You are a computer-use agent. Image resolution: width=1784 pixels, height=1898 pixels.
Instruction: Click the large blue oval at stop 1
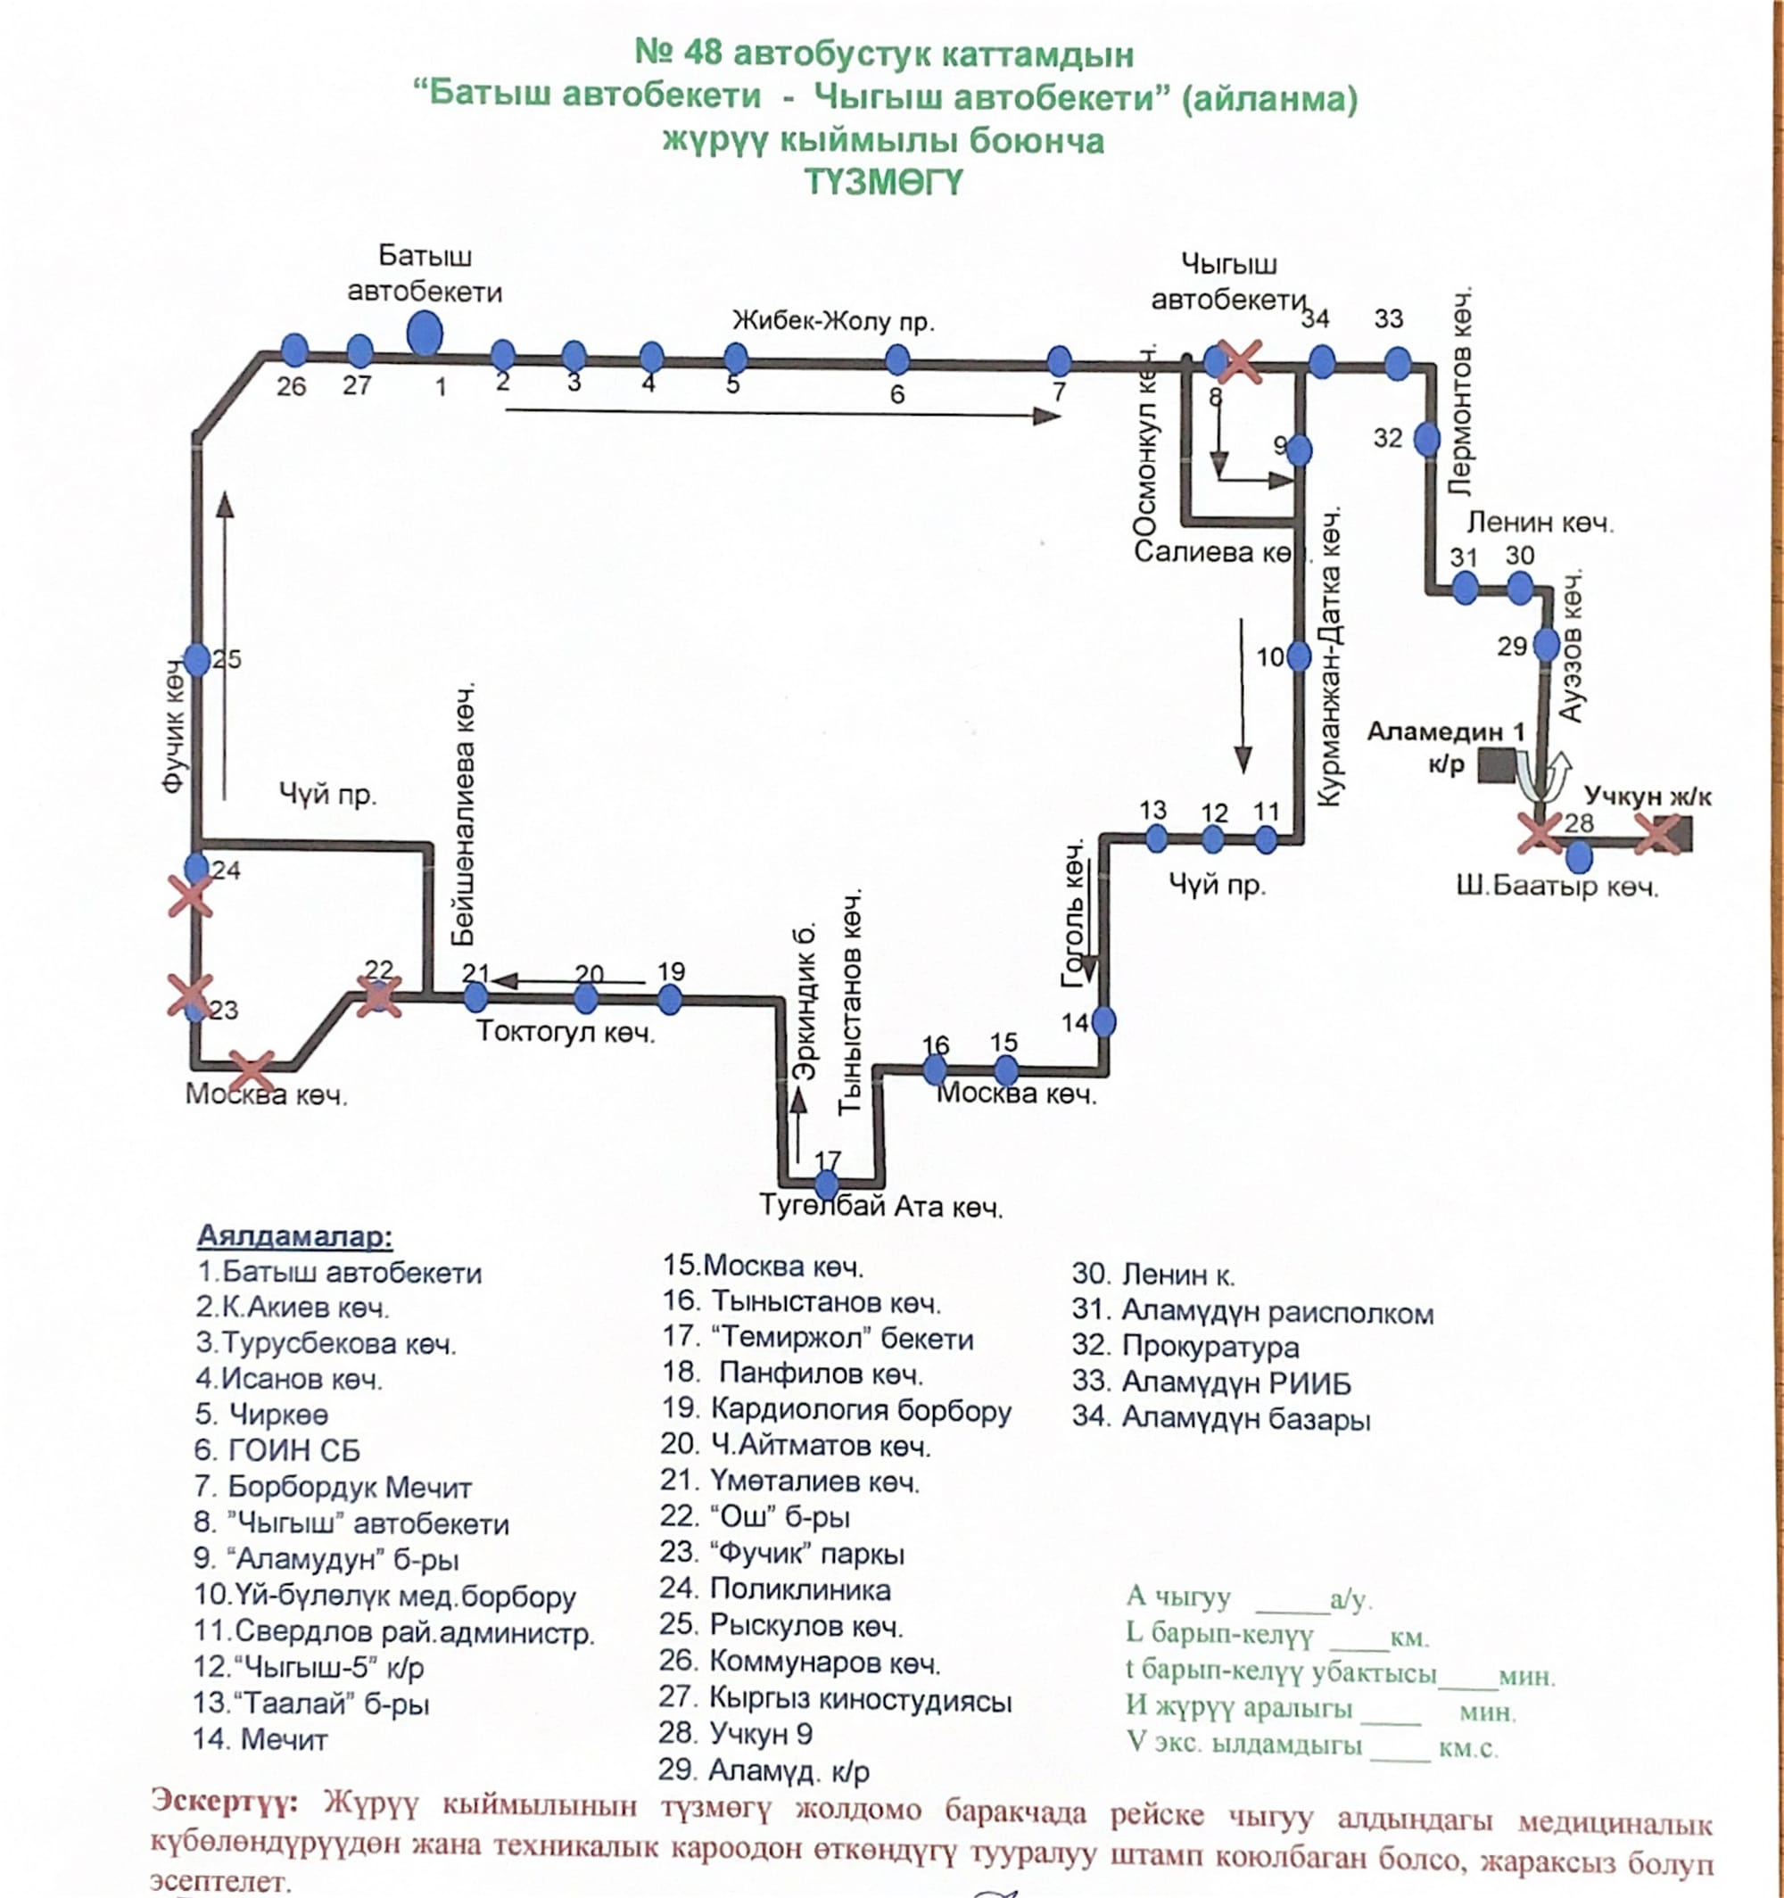click(x=424, y=335)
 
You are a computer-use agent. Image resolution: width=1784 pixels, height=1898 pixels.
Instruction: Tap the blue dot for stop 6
click(x=896, y=360)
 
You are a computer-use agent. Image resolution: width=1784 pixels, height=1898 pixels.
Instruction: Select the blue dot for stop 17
click(x=826, y=1184)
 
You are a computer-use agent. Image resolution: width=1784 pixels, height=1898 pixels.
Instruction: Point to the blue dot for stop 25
click(x=197, y=659)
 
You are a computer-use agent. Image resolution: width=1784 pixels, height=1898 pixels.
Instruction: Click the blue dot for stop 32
click(x=1426, y=439)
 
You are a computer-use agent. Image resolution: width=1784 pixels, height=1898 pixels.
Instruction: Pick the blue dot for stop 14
click(x=1103, y=1021)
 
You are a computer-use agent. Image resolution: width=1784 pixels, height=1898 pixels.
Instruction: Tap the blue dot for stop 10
click(x=1299, y=656)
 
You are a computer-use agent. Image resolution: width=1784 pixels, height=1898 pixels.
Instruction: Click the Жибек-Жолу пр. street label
click(x=833, y=321)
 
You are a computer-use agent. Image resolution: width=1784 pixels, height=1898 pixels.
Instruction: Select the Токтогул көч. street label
click(x=566, y=1032)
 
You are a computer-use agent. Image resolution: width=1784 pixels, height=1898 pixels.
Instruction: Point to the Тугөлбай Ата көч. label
click(x=880, y=1207)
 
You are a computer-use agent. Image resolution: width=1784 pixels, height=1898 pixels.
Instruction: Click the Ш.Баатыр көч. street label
click(x=1557, y=887)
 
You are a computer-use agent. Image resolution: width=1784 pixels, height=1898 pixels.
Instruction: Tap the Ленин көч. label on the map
click(x=1540, y=523)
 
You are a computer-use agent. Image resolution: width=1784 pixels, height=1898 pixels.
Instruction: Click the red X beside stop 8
click(x=1241, y=363)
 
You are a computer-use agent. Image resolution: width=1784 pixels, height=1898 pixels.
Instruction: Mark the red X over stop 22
click(x=378, y=997)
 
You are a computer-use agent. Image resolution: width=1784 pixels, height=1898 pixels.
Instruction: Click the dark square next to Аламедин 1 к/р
click(x=1497, y=765)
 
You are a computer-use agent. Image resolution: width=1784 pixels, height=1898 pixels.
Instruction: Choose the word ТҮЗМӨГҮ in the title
click(x=883, y=182)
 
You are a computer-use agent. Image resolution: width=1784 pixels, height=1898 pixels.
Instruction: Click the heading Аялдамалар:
click(x=294, y=1236)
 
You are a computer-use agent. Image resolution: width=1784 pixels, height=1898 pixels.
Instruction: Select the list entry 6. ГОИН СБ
click(x=277, y=1450)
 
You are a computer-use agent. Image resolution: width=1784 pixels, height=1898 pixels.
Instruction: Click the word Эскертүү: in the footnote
click(x=225, y=1801)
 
